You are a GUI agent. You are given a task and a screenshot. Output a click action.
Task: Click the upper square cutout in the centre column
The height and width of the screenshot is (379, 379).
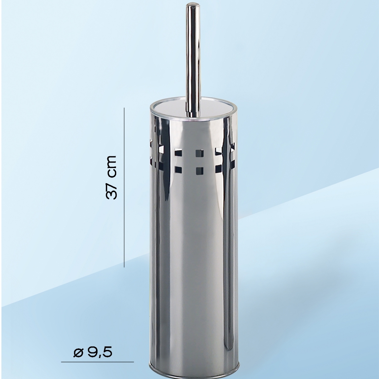coord(200,153)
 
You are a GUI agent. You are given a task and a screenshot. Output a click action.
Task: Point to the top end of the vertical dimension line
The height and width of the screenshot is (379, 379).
coord(124,108)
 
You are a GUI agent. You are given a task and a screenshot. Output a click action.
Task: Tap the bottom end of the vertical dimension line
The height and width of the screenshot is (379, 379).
coord(124,267)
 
